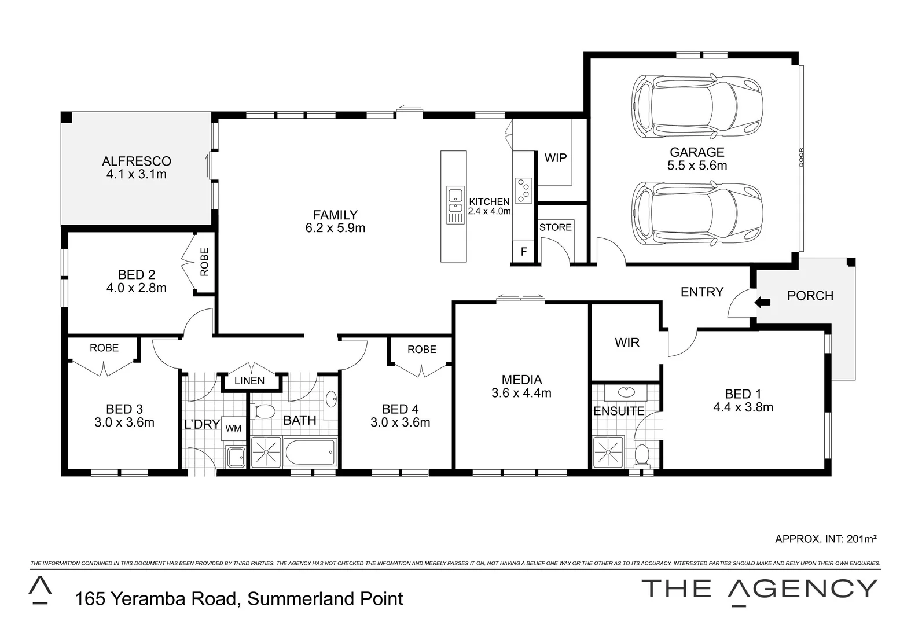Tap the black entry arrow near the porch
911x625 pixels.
(x=763, y=302)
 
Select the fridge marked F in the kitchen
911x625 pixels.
(x=524, y=252)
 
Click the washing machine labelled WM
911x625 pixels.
(x=233, y=428)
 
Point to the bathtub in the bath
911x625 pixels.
(x=310, y=453)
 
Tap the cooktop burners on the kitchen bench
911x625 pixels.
(x=524, y=190)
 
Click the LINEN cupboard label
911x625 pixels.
(x=249, y=381)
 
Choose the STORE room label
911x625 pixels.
(x=556, y=227)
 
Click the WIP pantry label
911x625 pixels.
(x=556, y=157)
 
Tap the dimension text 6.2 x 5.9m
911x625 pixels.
(x=335, y=228)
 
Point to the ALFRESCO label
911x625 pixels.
(x=137, y=161)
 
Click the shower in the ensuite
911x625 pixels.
(x=608, y=451)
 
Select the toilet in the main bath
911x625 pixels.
(x=265, y=413)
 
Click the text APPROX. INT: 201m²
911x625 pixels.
(x=826, y=539)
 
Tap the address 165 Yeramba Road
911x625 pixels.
(x=156, y=598)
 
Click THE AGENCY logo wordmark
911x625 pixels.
(x=760, y=589)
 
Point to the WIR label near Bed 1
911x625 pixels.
(x=627, y=343)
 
